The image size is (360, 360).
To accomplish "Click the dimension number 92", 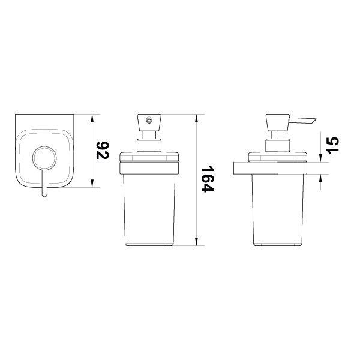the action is click(x=103, y=151).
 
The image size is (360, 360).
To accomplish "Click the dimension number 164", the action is click(x=208, y=179).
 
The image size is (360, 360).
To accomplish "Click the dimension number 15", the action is click(x=332, y=146).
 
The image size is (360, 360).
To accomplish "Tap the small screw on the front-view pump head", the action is click(x=149, y=120).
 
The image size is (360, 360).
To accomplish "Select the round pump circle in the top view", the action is click(x=44, y=147).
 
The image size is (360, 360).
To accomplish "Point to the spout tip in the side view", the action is click(x=316, y=119).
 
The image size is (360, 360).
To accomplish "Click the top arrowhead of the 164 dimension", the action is click(x=196, y=118).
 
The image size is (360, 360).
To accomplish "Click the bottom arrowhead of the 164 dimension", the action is click(x=196, y=241).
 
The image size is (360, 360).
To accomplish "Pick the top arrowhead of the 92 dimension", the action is click(x=92, y=118).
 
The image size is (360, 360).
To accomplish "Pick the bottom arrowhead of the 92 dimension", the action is click(x=92, y=183).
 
